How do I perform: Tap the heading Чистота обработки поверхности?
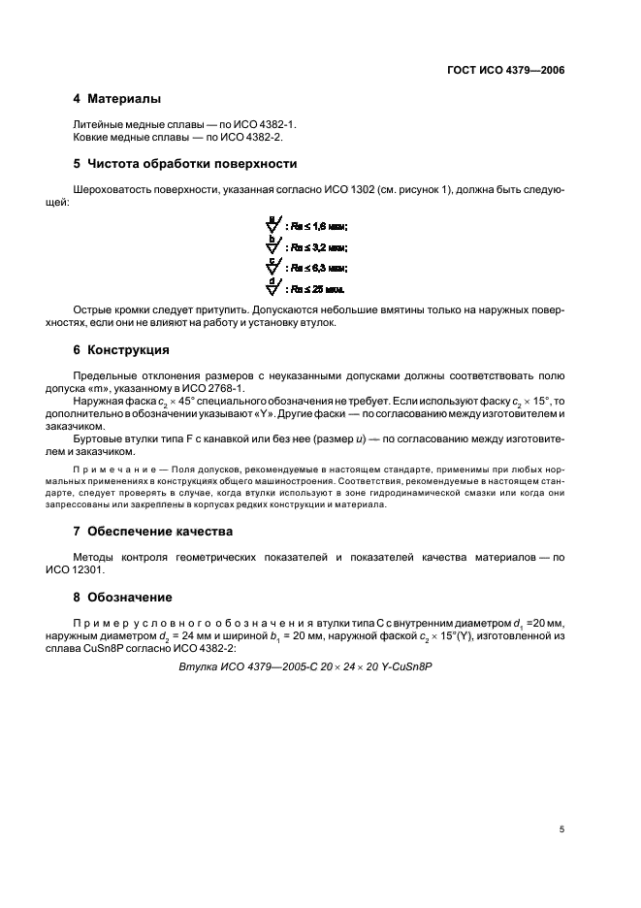coord(192,163)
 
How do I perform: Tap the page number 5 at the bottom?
coord(562,829)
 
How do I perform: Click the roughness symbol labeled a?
coord(273,225)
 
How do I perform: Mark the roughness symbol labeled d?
coord(273,287)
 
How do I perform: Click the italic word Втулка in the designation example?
coord(200,666)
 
